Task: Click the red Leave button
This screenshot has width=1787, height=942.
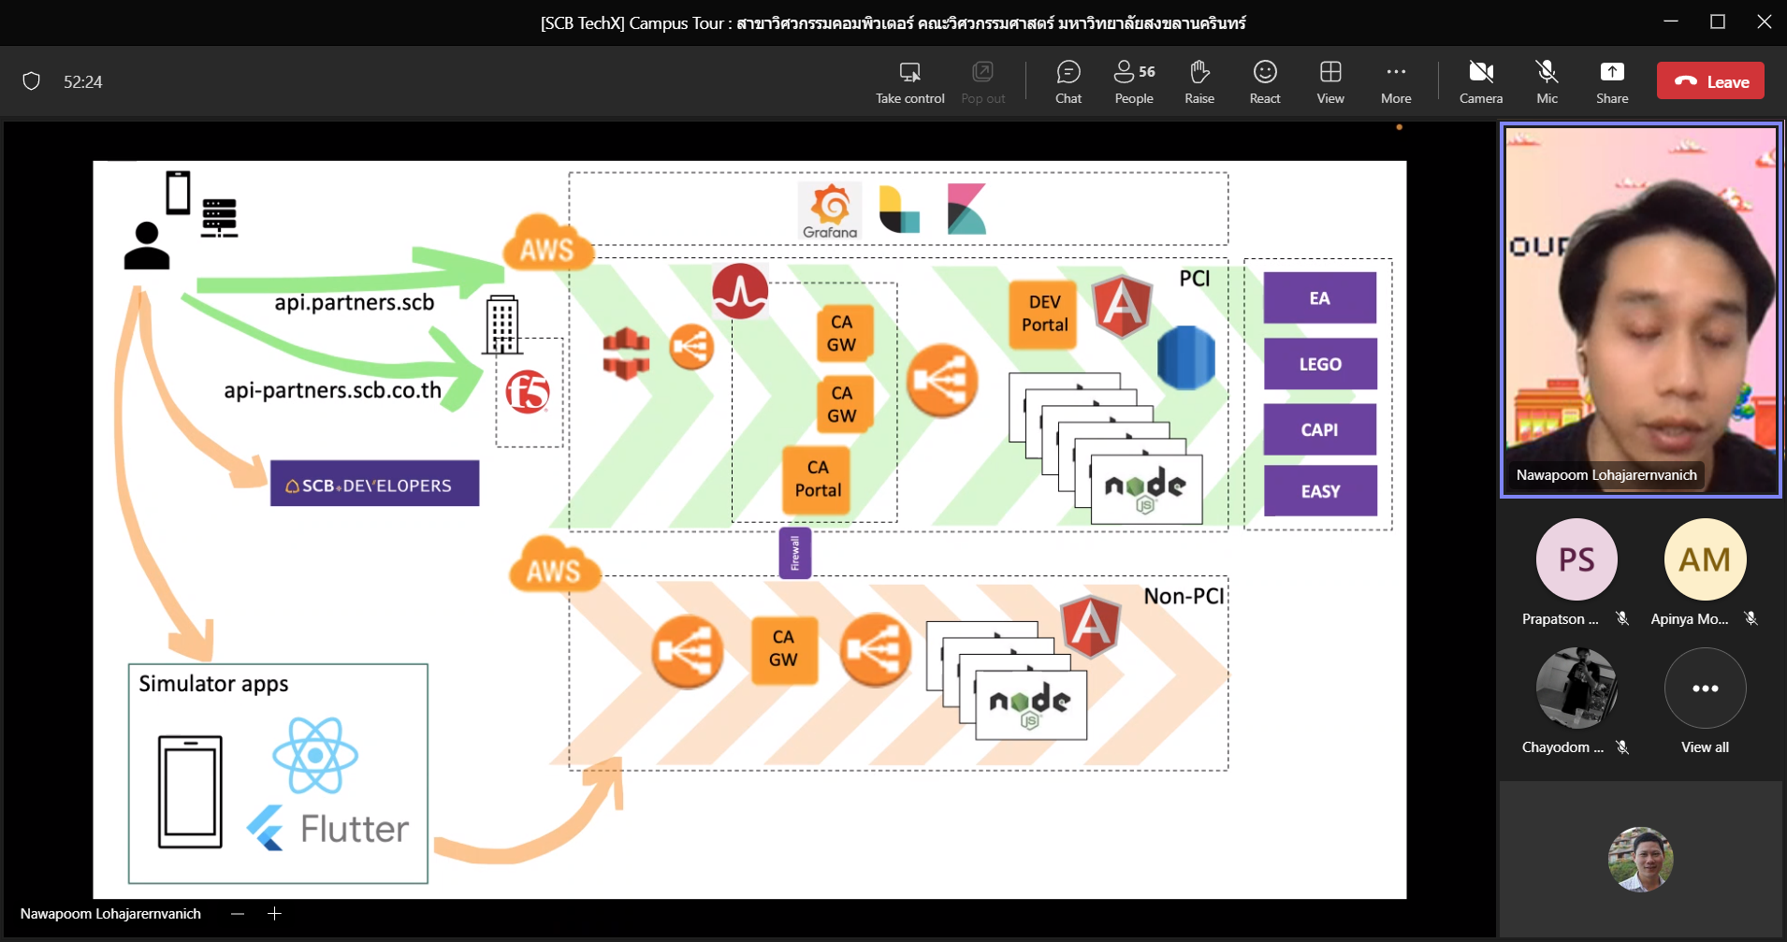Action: click(x=1710, y=81)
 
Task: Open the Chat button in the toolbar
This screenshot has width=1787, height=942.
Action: click(x=1068, y=81)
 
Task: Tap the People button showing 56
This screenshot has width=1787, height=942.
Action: click(x=1134, y=81)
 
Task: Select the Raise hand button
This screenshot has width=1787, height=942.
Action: click(x=1199, y=81)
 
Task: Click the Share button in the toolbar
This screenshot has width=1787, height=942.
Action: click(x=1612, y=81)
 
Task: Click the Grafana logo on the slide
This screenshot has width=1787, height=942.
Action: click(x=830, y=210)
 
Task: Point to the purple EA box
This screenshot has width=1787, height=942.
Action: click(x=1319, y=297)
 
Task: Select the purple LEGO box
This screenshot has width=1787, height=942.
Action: click(x=1319, y=364)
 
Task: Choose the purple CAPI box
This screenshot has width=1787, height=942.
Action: click(x=1319, y=429)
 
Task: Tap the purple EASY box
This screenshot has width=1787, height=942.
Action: click(x=1319, y=491)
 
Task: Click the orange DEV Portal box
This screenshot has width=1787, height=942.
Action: click(x=1044, y=314)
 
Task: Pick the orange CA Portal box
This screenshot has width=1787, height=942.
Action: click(x=818, y=479)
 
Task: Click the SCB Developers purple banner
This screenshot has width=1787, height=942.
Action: click(x=374, y=484)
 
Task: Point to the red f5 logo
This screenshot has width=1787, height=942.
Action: click(x=528, y=392)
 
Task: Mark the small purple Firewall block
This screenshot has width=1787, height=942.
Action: click(x=795, y=553)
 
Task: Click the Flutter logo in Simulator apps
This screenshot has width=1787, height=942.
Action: click(x=327, y=829)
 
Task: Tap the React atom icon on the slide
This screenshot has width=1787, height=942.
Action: click(x=315, y=755)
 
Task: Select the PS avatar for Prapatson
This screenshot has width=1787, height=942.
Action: click(x=1576, y=559)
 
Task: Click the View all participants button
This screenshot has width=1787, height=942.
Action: click(x=1705, y=689)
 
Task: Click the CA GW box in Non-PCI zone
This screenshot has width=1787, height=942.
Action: click(x=783, y=648)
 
